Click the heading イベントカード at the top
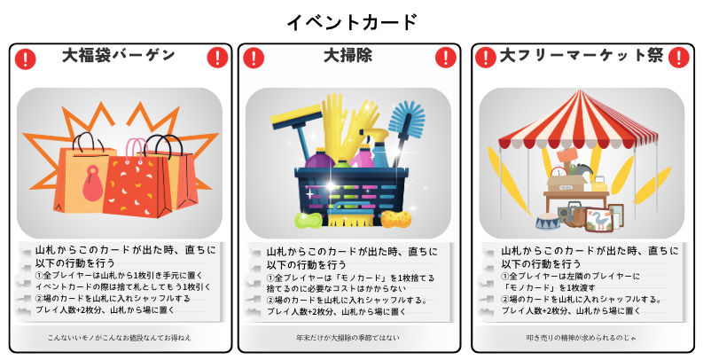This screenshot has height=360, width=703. [x=352, y=22]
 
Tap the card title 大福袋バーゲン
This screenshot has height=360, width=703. [x=119, y=55]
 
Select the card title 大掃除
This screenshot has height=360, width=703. [x=348, y=56]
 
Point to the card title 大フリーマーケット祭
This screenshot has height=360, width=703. [x=581, y=56]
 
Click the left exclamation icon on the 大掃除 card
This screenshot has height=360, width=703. [x=254, y=59]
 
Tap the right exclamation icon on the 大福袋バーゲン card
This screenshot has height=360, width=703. [x=218, y=58]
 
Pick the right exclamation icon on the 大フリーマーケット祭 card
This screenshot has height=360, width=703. [x=678, y=58]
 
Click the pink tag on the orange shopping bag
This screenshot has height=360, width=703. [x=92, y=183]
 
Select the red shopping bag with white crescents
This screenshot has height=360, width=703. [x=137, y=186]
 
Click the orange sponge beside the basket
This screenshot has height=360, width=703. [x=396, y=218]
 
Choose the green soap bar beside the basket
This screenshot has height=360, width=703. [x=309, y=220]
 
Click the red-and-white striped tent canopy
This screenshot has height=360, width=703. [x=577, y=121]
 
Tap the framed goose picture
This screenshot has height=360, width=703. [x=598, y=219]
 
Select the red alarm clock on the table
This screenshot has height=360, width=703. [x=559, y=171]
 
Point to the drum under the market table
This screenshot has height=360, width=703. [x=548, y=222]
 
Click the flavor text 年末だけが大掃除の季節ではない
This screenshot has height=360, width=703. [x=348, y=338]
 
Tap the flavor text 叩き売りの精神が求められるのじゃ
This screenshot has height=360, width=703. [x=581, y=338]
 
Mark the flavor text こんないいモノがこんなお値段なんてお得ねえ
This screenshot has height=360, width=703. [x=120, y=338]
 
